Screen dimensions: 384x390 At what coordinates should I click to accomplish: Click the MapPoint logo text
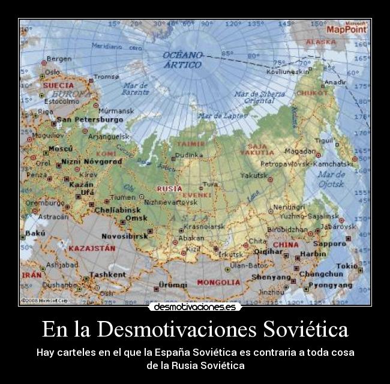pyautogui.click(x=346, y=29)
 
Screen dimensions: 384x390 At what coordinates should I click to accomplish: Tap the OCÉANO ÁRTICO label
pyautogui.click(x=182, y=59)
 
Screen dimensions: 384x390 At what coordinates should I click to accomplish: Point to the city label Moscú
pyautogui.click(x=60, y=148)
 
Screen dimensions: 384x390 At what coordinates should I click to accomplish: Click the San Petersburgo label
pyautogui.click(x=89, y=119)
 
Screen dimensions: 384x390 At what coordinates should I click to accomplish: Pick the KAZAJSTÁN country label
pyautogui.click(x=92, y=247)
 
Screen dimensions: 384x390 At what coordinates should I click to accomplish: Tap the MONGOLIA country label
pyautogui.click(x=218, y=281)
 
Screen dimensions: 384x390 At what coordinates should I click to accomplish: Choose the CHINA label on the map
pyautogui.click(x=286, y=245)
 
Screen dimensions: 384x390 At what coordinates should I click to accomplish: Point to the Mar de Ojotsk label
pyautogui.click(x=331, y=179)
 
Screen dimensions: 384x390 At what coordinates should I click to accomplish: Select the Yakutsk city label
pyautogui.click(x=253, y=176)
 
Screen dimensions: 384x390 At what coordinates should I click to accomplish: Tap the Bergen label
pyautogui.click(x=59, y=59)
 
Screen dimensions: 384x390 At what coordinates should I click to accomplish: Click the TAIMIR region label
pyautogui.click(x=190, y=144)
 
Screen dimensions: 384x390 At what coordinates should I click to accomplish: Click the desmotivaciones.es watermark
pyautogui.click(x=194, y=307)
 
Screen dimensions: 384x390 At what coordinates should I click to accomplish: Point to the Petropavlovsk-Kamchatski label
pyautogui.click(x=306, y=163)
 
